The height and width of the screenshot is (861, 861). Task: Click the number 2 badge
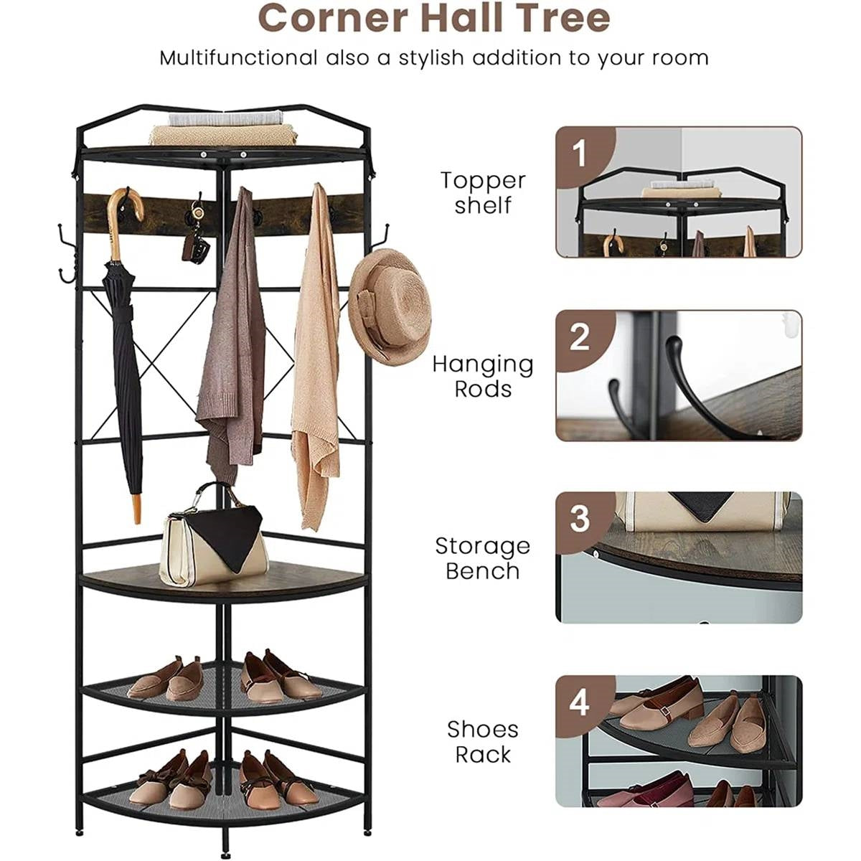pos(580,337)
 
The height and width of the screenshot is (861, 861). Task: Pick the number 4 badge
pos(580,702)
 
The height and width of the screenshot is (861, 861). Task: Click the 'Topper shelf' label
pos(483,193)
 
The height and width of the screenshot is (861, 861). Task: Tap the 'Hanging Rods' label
pos(483,377)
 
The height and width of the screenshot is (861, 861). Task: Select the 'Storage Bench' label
pos(483,558)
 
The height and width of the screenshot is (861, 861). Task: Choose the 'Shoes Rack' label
pos(483,742)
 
